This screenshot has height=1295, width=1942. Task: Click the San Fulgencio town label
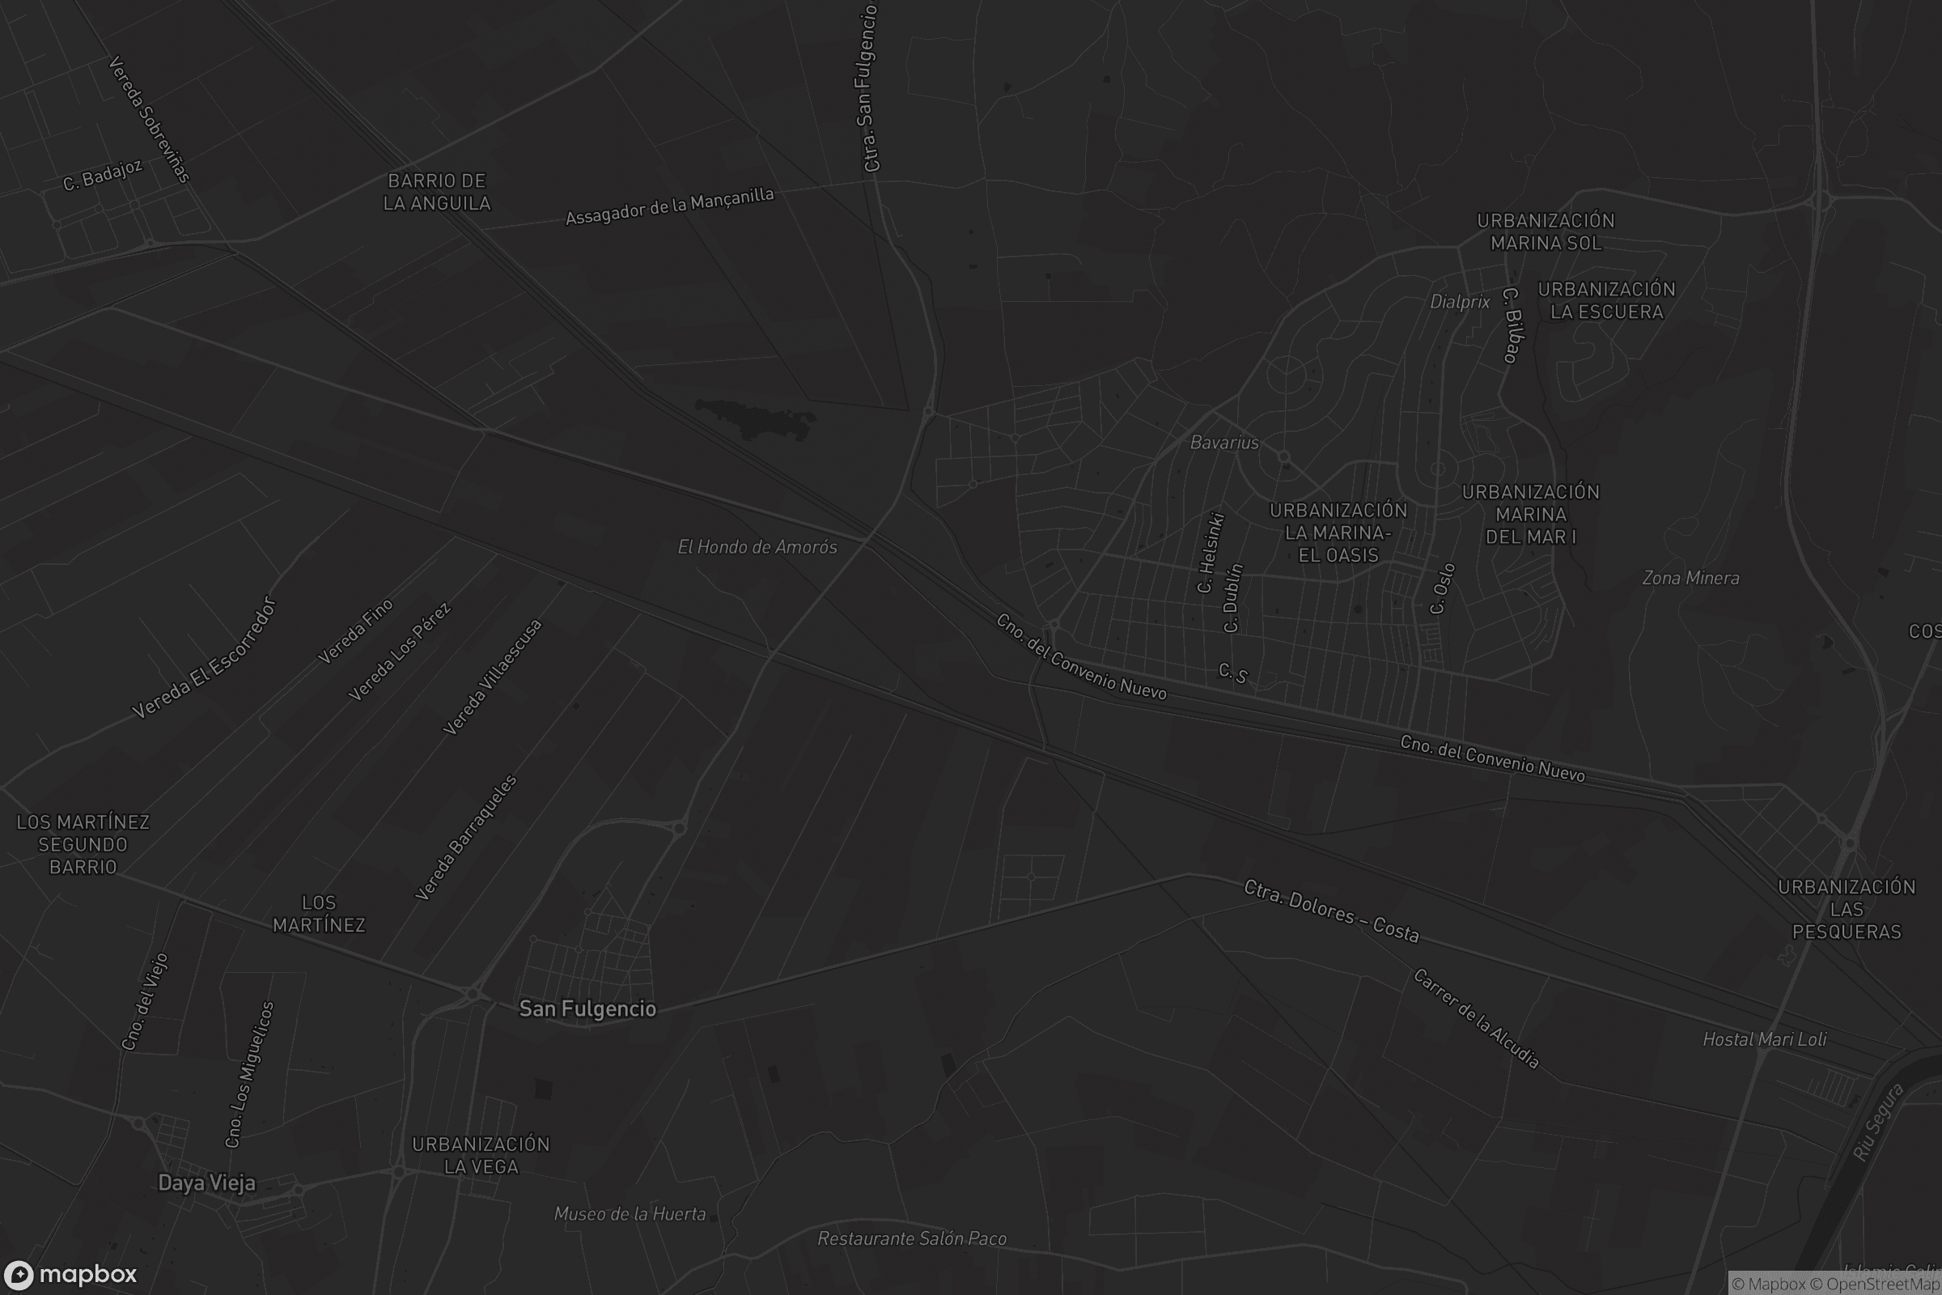587,1008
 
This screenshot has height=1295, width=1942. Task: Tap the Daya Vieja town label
206,1182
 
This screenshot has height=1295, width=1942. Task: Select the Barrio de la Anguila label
437,192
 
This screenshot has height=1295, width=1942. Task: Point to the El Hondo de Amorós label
757,547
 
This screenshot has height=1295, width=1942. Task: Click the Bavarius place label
1223,443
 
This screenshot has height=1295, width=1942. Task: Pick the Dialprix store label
1460,301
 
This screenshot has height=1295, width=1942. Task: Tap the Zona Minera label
1690,578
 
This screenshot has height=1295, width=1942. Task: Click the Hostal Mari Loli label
1765,1039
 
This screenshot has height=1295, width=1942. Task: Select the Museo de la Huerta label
630,1213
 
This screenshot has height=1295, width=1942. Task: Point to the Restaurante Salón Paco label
912,1238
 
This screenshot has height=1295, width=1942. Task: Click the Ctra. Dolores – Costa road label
1331,911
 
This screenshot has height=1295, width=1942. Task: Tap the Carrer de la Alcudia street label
1476,1018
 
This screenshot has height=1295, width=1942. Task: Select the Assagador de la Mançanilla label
670,206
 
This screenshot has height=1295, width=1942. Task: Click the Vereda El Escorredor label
204,657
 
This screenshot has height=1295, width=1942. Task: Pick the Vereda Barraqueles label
467,837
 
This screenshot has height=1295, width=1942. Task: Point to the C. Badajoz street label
104,175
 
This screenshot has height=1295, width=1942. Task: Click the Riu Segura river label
1877,1122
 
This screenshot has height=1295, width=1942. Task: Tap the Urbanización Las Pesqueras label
1847,908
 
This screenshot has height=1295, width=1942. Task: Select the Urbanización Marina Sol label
1546,232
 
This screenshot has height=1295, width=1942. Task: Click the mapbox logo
70,1274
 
